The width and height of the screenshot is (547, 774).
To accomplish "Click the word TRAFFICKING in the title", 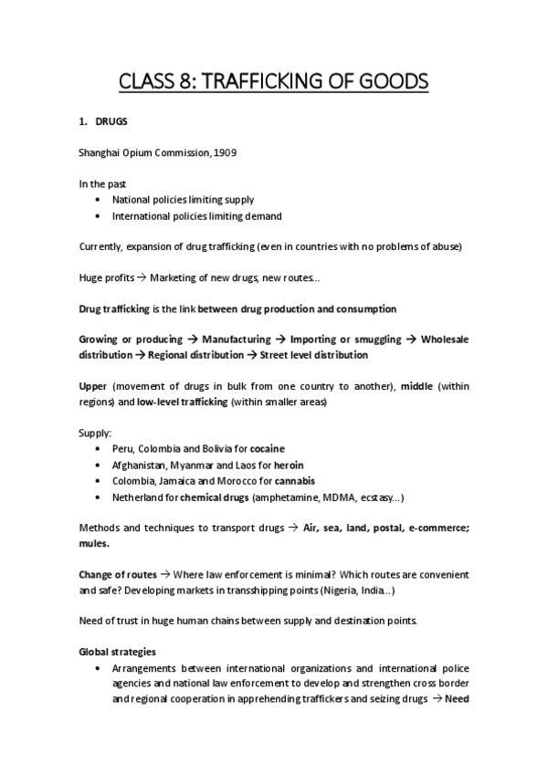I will pos(272,83).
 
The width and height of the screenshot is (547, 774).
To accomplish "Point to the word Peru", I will pos(123,449).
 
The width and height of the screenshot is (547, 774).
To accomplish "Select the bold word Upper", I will pos(93,385).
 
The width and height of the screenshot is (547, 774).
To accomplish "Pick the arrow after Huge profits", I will pos(141,276).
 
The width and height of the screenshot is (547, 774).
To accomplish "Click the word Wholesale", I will pos(445,339).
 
